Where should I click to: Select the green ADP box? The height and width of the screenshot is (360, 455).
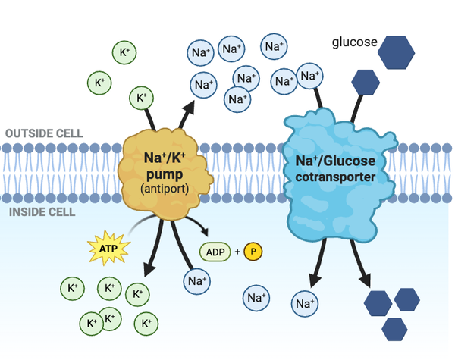pos(215,250)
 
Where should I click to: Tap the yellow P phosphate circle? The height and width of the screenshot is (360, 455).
pos(254,250)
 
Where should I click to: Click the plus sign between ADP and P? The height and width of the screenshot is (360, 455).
pos(236,250)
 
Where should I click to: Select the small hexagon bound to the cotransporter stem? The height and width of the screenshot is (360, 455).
pos(366,81)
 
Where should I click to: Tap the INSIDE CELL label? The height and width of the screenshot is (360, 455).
pos(44,211)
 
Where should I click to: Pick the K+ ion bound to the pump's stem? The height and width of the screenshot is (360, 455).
pos(141,98)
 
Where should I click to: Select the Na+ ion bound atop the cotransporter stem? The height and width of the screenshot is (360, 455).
pos(309,75)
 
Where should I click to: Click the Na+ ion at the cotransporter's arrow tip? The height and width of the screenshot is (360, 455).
pos(305,304)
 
